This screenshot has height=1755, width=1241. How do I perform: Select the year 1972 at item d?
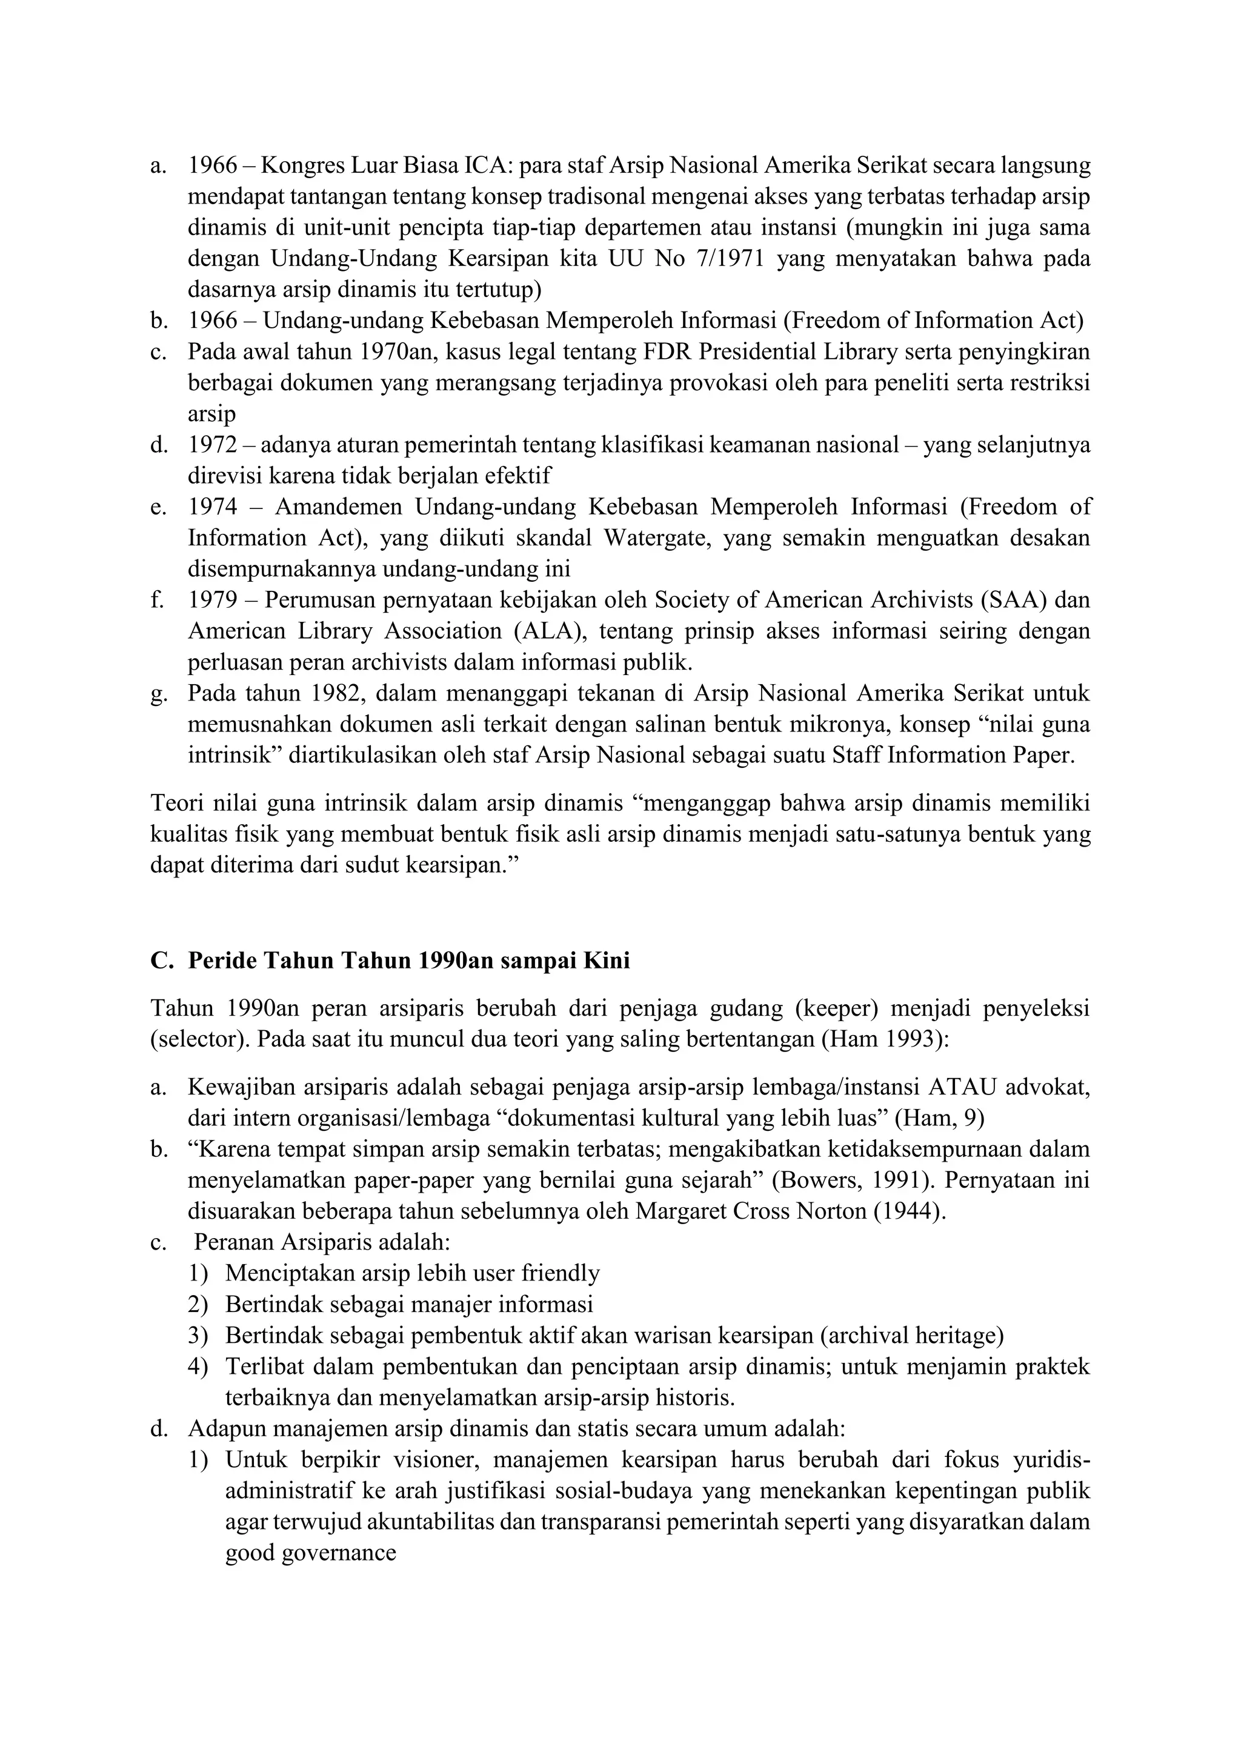point(213,445)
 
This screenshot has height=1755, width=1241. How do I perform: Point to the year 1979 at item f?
point(213,600)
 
